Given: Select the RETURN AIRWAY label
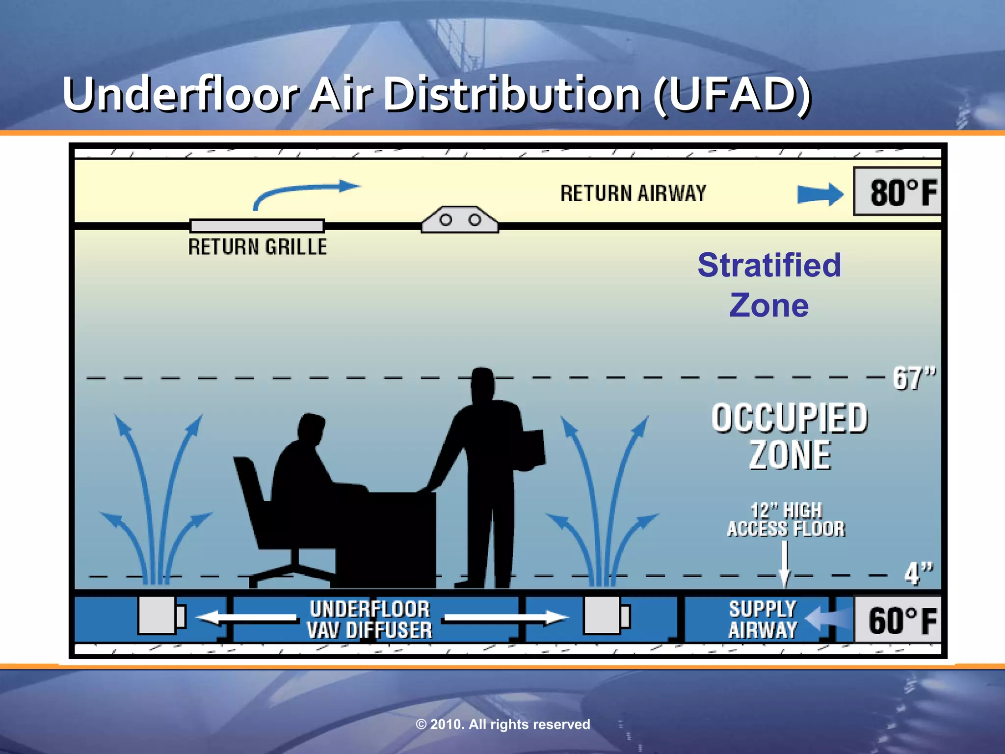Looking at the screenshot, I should tap(633, 193).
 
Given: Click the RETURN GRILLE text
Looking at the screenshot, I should tap(258, 246).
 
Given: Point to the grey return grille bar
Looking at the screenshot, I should tap(257, 226).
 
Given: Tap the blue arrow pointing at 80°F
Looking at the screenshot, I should tap(820, 194).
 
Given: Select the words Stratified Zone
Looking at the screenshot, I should tap(769, 285).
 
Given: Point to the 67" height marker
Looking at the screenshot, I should tap(914, 378).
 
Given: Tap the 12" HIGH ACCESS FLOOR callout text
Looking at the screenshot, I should tap(786, 520).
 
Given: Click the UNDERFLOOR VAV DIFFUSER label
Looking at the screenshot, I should tap(370, 619).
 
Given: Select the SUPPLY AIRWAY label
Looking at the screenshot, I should tap(763, 619).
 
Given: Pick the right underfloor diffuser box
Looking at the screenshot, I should tap(603, 615).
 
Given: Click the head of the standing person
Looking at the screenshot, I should tap(482, 383).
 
